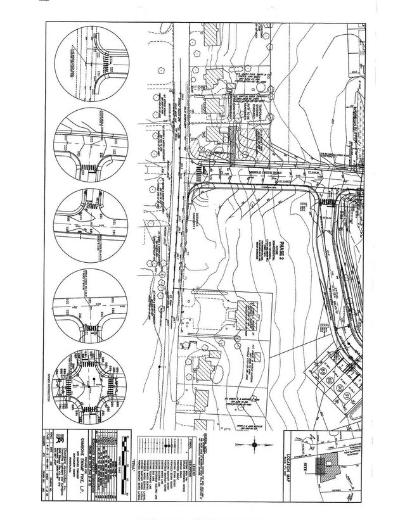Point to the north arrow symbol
[254, 445]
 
